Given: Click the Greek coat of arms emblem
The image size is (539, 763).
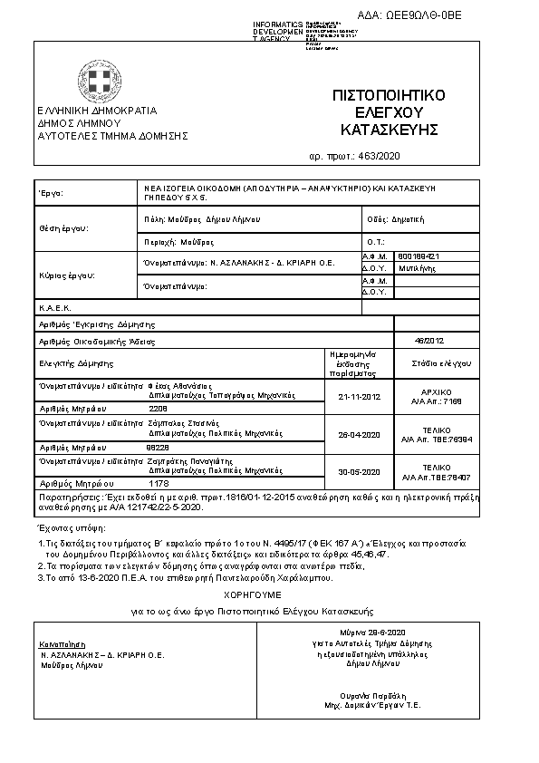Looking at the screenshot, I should (92, 80).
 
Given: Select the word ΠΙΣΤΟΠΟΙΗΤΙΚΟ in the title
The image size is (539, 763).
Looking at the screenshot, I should (389, 95).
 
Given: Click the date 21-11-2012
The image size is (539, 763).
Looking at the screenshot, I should (359, 396).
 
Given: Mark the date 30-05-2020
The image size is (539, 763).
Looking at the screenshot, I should (359, 472).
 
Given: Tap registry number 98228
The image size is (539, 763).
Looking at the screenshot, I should (159, 447).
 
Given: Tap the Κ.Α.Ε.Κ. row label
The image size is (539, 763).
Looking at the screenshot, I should (53, 308).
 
